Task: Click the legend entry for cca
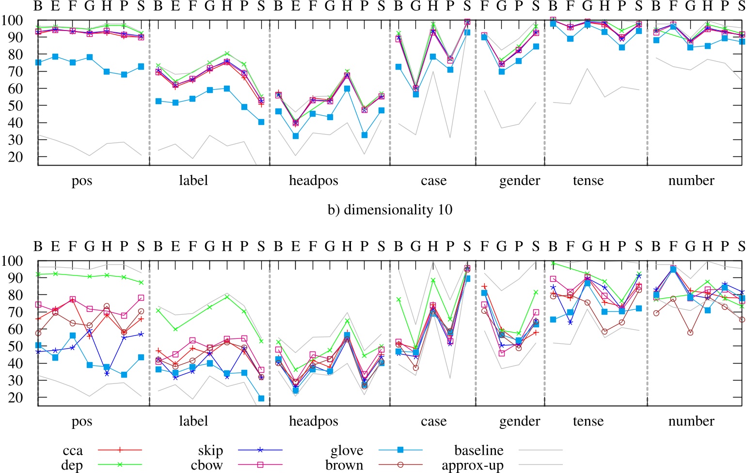point(73,451)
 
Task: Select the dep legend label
point(72,465)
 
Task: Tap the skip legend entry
point(210,451)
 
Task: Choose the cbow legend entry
point(207,465)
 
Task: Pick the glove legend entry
point(347,451)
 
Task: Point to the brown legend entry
point(344,465)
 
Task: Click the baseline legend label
point(478,451)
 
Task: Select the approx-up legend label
point(472,465)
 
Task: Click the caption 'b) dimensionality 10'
point(390,210)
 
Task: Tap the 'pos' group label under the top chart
point(82,181)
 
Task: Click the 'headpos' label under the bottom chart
point(314,421)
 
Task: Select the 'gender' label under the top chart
point(520,181)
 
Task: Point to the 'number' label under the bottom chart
point(691,421)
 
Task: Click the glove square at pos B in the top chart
point(38,62)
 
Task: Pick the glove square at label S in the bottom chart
point(261,398)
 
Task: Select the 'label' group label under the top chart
point(193,181)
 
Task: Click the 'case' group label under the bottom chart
point(433,421)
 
